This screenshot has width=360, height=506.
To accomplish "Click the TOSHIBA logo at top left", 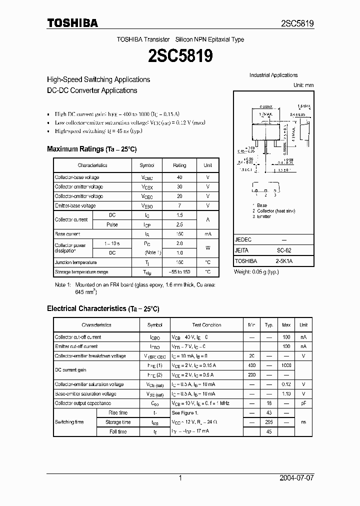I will [x=72, y=23].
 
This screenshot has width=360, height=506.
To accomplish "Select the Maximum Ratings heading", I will [x=91, y=149].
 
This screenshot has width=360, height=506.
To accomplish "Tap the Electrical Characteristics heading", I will [x=103, y=308].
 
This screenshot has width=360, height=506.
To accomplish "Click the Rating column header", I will [x=179, y=165].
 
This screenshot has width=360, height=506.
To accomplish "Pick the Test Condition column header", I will [x=206, y=325].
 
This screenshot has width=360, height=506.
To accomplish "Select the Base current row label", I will [x=67, y=234].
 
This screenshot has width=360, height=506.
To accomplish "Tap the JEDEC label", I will [x=243, y=239].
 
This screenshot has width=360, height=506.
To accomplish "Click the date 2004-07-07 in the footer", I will [x=297, y=478].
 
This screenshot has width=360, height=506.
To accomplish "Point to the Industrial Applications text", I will [x=273, y=75].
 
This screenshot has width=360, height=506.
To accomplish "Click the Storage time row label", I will [x=118, y=422].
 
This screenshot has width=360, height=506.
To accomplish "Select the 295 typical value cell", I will [x=269, y=422].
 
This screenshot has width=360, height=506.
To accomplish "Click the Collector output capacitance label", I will [x=83, y=403].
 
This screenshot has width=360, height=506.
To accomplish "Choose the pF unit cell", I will [x=303, y=403].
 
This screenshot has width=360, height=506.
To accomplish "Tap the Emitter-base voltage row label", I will [x=75, y=205].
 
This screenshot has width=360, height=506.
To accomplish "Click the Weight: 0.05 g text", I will [x=256, y=271].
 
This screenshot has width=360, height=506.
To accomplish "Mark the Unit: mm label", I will [x=303, y=85].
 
